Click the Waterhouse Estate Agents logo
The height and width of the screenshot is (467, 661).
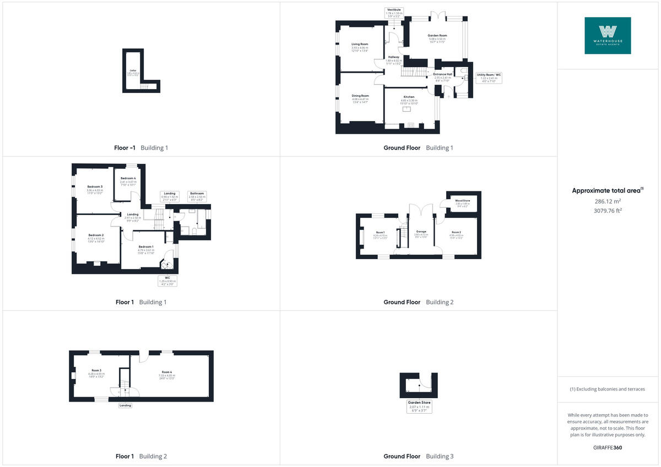point(608,35)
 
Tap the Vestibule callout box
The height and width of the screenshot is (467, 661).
point(394,13)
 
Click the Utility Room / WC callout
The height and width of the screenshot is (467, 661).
point(489,76)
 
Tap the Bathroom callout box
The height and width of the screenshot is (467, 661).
point(197,195)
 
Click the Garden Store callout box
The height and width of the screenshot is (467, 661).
point(419,406)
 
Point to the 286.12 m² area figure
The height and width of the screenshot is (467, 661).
point(608,201)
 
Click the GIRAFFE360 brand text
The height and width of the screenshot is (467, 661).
point(608,447)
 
